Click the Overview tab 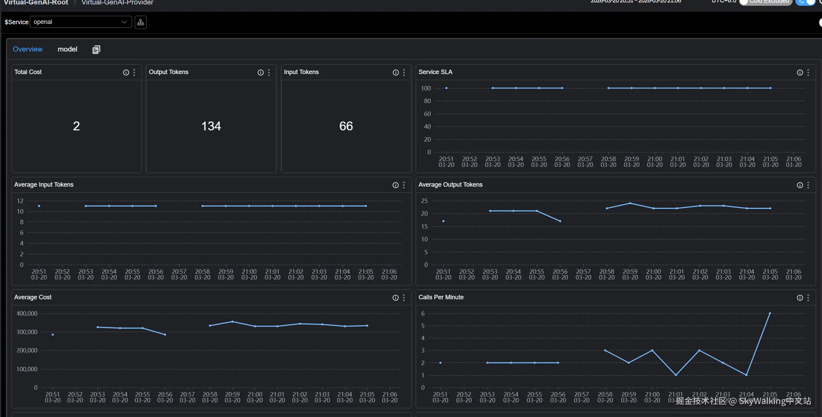28,49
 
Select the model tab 67,49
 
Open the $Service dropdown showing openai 81,22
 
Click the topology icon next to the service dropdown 141,22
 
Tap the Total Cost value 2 76,126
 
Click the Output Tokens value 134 211,126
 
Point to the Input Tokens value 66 346,126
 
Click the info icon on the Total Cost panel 126,72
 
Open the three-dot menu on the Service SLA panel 808,72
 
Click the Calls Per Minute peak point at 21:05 770,313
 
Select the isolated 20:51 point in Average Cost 53,334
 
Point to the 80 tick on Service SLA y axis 427,101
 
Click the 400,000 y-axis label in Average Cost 27,313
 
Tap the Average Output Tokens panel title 450,185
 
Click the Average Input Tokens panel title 44,185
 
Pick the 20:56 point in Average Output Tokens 560,221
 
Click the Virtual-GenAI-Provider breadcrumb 117,3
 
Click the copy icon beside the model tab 96,50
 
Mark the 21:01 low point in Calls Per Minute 676,375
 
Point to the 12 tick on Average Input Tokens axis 20,201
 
